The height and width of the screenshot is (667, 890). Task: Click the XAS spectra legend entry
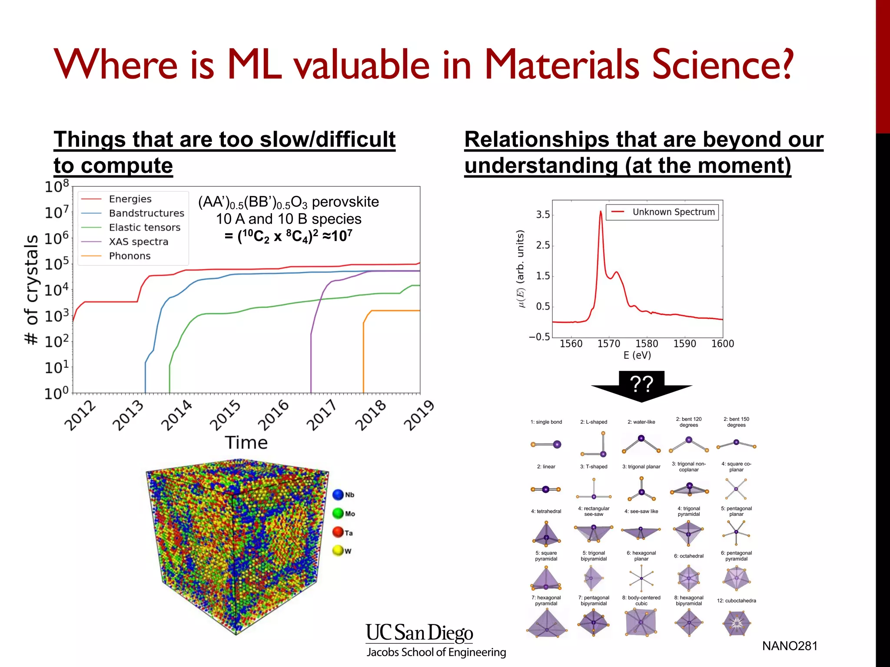click(138, 242)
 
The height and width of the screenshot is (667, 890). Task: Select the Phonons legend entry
click(130, 256)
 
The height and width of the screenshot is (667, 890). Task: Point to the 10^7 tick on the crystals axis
click(57, 212)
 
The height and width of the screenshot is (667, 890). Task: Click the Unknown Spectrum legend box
click(662, 212)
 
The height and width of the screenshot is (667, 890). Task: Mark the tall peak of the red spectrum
click(601, 212)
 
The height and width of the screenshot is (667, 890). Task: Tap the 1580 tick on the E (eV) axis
click(647, 343)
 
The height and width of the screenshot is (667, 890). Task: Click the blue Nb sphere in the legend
click(338, 495)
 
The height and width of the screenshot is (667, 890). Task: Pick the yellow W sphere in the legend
click(338, 551)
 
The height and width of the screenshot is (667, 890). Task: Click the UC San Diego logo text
click(419, 634)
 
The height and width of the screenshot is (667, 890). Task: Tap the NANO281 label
click(790, 646)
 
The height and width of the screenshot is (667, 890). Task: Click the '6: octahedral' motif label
click(688, 556)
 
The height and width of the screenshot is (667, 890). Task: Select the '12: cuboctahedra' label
click(736, 601)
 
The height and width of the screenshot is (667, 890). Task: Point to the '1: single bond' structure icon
click(546, 444)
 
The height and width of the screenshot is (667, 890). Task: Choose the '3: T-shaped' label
click(594, 467)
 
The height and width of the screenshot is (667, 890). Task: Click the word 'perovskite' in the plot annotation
click(345, 202)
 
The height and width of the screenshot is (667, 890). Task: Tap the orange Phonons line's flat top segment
click(395, 310)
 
